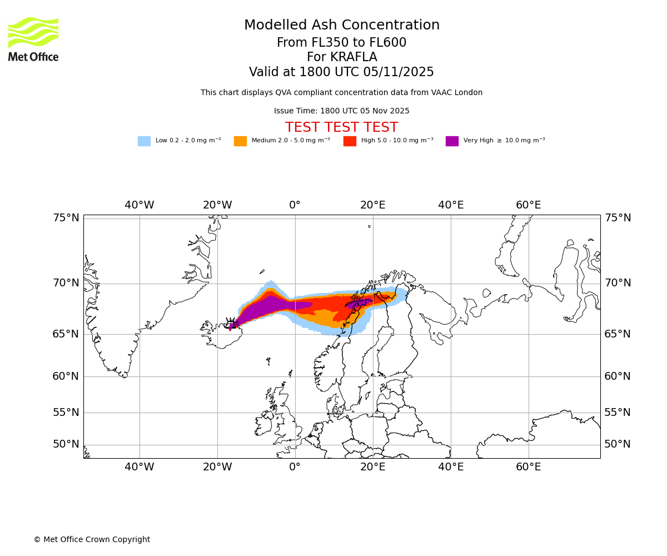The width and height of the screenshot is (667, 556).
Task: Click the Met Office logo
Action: coord(33,39)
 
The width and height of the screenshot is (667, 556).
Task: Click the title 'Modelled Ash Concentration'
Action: coord(341,26)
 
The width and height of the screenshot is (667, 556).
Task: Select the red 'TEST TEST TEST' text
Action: coord(341,127)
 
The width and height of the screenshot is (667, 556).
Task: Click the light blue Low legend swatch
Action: coord(144,141)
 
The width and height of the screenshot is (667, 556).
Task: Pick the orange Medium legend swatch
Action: coord(240,141)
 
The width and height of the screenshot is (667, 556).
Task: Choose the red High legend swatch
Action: coord(350,141)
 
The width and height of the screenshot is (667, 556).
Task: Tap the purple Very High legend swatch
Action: coord(452,141)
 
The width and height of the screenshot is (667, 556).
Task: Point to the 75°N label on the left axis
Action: coord(66,218)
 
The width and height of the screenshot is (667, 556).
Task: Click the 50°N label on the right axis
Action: coord(618,444)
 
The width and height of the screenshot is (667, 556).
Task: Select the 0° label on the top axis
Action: coord(295,205)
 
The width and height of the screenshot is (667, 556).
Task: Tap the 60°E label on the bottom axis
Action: coord(528,467)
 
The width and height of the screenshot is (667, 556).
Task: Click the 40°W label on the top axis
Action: coord(139,205)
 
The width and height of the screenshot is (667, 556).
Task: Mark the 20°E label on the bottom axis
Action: coord(372,467)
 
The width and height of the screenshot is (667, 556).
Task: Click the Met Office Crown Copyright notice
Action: coord(92,539)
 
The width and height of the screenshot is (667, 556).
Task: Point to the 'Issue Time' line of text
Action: coord(341,111)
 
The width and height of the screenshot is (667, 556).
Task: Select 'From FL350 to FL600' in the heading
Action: coord(341,43)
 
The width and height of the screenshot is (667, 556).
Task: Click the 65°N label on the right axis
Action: coord(618,334)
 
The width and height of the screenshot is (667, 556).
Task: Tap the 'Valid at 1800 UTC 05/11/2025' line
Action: coord(341,72)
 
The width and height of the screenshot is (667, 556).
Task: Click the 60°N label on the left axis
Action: coord(66,376)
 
